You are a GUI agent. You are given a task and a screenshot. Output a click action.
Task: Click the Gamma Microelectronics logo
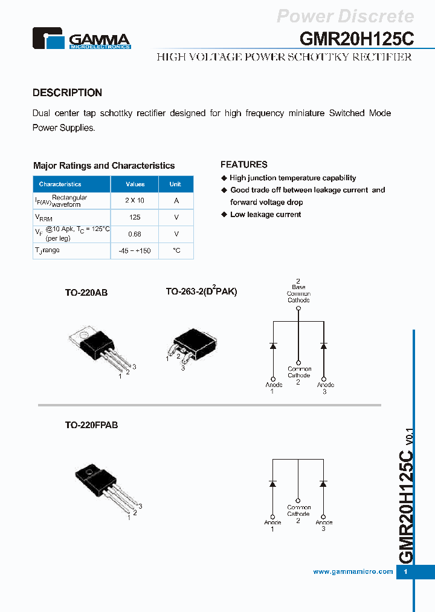click(x=81, y=38)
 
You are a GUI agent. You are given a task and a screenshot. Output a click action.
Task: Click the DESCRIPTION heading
click(x=67, y=93)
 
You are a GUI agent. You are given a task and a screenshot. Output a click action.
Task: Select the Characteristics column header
click(x=60, y=184)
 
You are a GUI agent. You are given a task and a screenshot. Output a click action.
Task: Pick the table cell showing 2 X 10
click(x=135, y=200)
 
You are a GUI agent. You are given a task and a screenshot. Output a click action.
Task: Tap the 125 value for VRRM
click(x=135, y=217)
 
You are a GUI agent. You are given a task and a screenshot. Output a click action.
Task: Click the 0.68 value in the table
click(x=135, y=233)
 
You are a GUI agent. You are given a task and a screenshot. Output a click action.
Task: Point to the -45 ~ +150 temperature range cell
click(x=135, y=250)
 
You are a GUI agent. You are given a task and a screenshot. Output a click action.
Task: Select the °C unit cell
click(x=176, y=250)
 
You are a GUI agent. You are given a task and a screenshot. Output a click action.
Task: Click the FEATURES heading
click(x=243, y=164)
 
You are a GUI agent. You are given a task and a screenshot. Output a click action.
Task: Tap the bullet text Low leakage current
click(x=265, y=215)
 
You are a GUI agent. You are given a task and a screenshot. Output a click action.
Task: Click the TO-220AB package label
click(x=86, y=292)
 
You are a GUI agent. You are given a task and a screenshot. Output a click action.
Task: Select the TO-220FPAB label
click(x=91, y=425)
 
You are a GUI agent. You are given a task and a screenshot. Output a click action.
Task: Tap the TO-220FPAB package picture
click(x=103, y=487)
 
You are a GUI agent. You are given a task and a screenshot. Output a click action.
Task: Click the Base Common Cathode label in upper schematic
click(x=298, y=293)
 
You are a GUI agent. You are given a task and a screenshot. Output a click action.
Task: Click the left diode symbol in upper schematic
click(x=272, y=346)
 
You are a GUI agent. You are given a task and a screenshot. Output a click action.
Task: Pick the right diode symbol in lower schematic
click(x=323, y=484)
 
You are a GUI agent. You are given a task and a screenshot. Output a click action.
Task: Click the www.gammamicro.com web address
click(x=353, y=571)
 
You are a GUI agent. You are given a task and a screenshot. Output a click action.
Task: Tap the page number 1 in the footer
click(x=405, y=572)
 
